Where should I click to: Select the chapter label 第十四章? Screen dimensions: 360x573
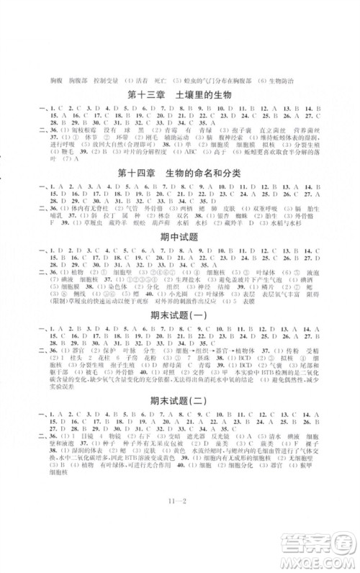tap(140, 171)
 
